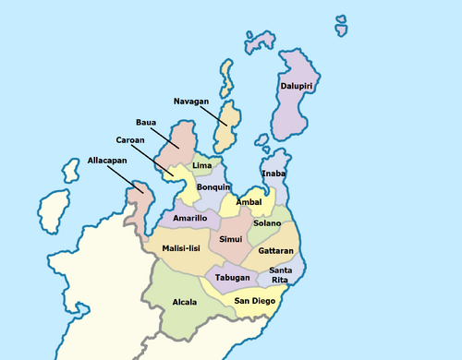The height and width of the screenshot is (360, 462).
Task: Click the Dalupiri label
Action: [294, 88]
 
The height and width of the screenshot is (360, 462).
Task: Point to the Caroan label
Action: [129, 140]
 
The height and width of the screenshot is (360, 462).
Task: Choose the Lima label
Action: [201, 164]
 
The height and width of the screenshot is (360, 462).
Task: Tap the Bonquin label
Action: [213, 187]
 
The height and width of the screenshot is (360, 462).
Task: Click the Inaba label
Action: [274, 174]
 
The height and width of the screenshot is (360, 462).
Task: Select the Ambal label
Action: [249, 201]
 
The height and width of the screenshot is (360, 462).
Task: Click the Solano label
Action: [267, 223]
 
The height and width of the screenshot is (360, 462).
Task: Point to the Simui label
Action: [230, 239]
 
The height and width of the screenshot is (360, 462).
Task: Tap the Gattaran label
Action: [276, 250]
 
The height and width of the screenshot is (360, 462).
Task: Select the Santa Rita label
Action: [282, 274]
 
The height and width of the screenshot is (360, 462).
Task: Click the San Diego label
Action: [253, 301]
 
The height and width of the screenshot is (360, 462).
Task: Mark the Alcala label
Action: [185, 302]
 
